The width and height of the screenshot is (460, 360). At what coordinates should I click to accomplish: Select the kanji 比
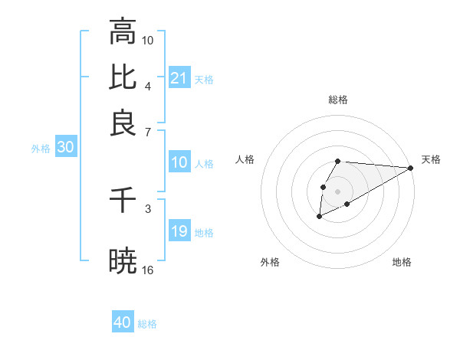point(123,77)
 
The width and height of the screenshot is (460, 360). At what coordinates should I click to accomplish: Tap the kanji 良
point(123,123)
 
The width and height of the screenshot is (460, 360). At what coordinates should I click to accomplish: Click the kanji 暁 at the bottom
point(123,261)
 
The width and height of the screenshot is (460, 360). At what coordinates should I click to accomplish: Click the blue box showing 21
point(179,78)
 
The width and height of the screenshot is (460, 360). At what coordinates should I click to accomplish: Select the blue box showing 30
point(65,148)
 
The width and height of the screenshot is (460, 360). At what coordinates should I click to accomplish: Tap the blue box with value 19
point(179,231)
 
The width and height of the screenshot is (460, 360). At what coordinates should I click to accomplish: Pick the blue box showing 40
point(123,322)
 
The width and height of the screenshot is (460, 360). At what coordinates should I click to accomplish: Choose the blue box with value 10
point(179,162)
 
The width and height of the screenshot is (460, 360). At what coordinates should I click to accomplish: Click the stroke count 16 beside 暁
point(149,270)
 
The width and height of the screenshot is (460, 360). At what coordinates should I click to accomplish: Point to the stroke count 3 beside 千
point(148,208)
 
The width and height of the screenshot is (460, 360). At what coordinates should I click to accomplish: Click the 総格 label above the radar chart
point(338,100)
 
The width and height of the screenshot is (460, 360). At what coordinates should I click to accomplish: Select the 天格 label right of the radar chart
point(431,159)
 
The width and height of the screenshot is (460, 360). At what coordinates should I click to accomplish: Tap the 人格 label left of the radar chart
point(245,159)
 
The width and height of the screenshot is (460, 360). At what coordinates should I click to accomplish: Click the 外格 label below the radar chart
point(270,263)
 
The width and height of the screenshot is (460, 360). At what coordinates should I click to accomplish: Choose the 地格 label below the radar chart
point(402,263)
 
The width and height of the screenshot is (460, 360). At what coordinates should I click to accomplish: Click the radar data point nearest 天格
point(410,168)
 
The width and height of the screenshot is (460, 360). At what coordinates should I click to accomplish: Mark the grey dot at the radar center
point(337,190)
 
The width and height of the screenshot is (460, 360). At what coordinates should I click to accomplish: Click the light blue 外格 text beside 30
point(41,149)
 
